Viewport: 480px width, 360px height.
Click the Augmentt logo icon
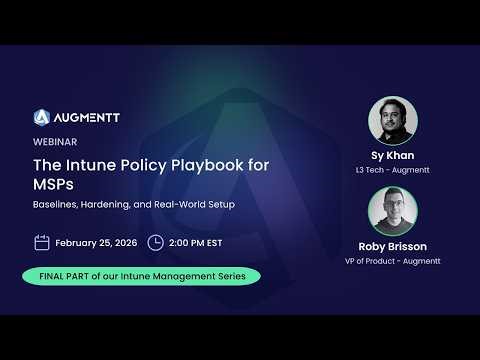[42, 117]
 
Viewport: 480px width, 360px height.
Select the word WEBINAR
[56, 141]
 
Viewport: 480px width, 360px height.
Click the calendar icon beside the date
[42, 242]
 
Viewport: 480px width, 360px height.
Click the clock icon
[155, 242]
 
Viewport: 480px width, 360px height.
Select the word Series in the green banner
[240, 275]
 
